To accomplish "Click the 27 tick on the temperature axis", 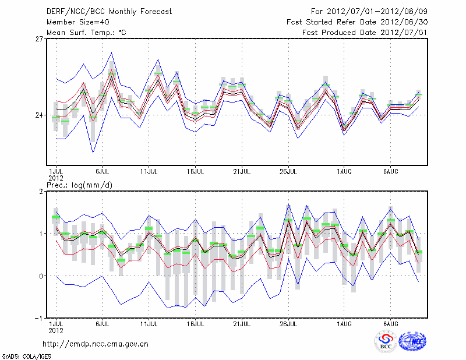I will pyautogui.click(x=39, y=39).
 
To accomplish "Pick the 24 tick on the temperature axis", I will pyautogui.click(x=39, y=115).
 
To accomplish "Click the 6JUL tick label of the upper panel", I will pyautogui.click(x=103, y=172).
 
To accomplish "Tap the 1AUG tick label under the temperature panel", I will pyautogui.click(x=344, y=172).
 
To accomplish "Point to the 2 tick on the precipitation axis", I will pyautogui.click(x=41, y=191).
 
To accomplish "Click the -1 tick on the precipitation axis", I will pyautogui.click(x=40, y=318).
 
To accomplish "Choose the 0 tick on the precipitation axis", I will pyautogui.click(x=41, y=276).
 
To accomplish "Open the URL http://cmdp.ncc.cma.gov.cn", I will pyautogui.click(x=96, y=344).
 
